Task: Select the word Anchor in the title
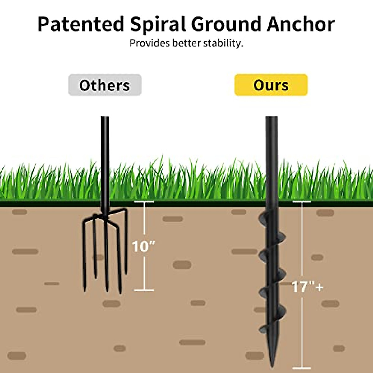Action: pos(301,24)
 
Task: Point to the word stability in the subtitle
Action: pos(223,43)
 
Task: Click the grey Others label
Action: pos(105,85)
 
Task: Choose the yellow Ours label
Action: pos(271,85)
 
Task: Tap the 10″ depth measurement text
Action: pos(143,246)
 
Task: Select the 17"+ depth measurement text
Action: pos(307,287)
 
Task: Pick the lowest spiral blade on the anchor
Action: pos(264,326)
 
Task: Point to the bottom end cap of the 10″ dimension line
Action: pos(144,290)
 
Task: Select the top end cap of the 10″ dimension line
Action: pos(144,202)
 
